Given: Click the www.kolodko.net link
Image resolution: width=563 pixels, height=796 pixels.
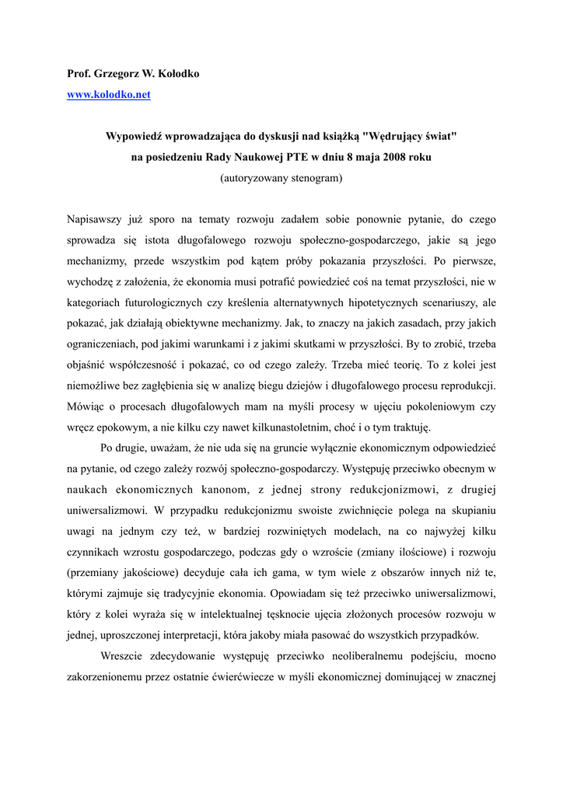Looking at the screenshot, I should click(x=109, y=95).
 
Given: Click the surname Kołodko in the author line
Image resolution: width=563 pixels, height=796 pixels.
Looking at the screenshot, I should click(x=177, y=74).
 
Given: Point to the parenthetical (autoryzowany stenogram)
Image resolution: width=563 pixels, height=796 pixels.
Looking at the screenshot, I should click(x=281, y=178).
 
